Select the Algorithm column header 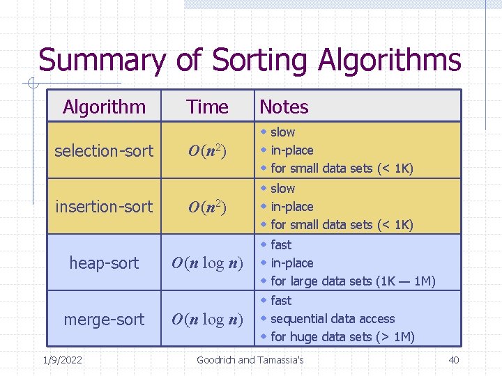104,107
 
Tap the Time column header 208,107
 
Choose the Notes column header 284,107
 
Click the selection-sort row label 104,150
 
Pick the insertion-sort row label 104,207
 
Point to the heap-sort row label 104,263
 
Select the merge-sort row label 104,320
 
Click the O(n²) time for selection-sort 208,151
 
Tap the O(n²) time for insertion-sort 208,207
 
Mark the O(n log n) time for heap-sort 208,263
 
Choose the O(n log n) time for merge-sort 208,320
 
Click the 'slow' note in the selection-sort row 282,132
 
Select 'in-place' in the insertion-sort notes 291,207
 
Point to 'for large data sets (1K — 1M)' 353,281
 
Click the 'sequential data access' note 333,319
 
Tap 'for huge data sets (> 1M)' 342,337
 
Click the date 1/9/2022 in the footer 62,360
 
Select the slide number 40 453,360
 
